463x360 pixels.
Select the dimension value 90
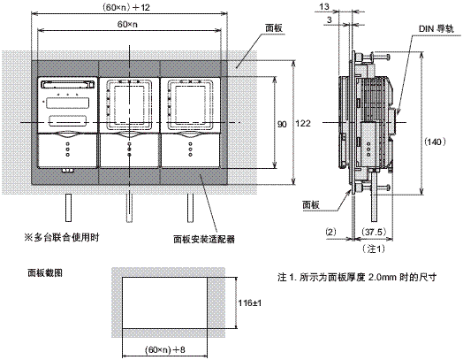283,125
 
